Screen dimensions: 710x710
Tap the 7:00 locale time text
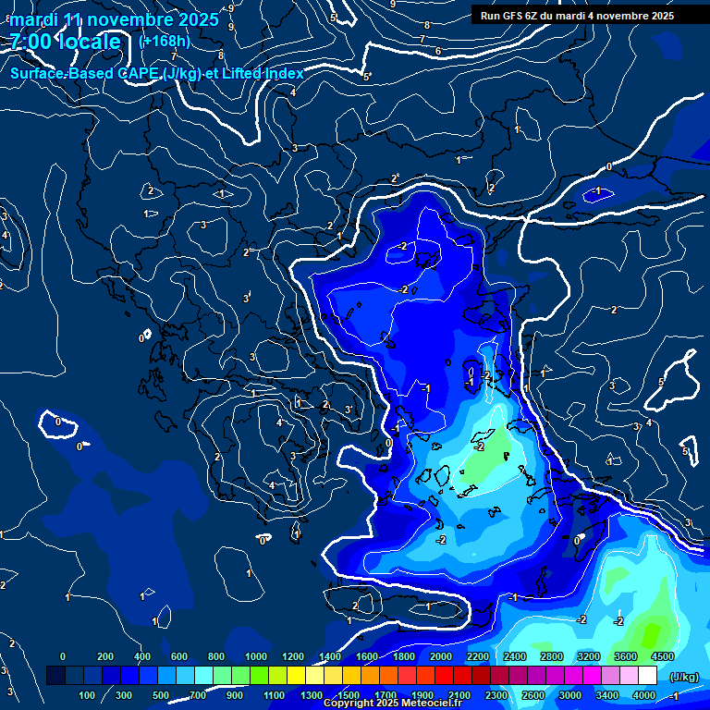tap(66, 43)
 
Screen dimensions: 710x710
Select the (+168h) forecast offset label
tap(164, 42)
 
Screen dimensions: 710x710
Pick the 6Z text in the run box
tap(536, 16)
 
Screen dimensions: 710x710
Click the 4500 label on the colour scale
tap(662, 656)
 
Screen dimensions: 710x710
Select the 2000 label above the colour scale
tap(441, 656)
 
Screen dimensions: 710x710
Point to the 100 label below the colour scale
tap(89, 695)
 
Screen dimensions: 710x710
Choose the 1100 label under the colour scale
tap(275, 695)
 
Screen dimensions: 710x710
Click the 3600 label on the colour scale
tap(626, 656)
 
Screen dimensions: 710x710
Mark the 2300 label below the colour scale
tap(496, 695)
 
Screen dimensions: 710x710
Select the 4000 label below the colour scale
tap(644, 695)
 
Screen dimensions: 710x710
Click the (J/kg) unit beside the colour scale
tap(684, 677)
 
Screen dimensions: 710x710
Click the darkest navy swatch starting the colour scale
tap(55, 676)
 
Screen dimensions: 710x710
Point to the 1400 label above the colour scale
tap(330, 656)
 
